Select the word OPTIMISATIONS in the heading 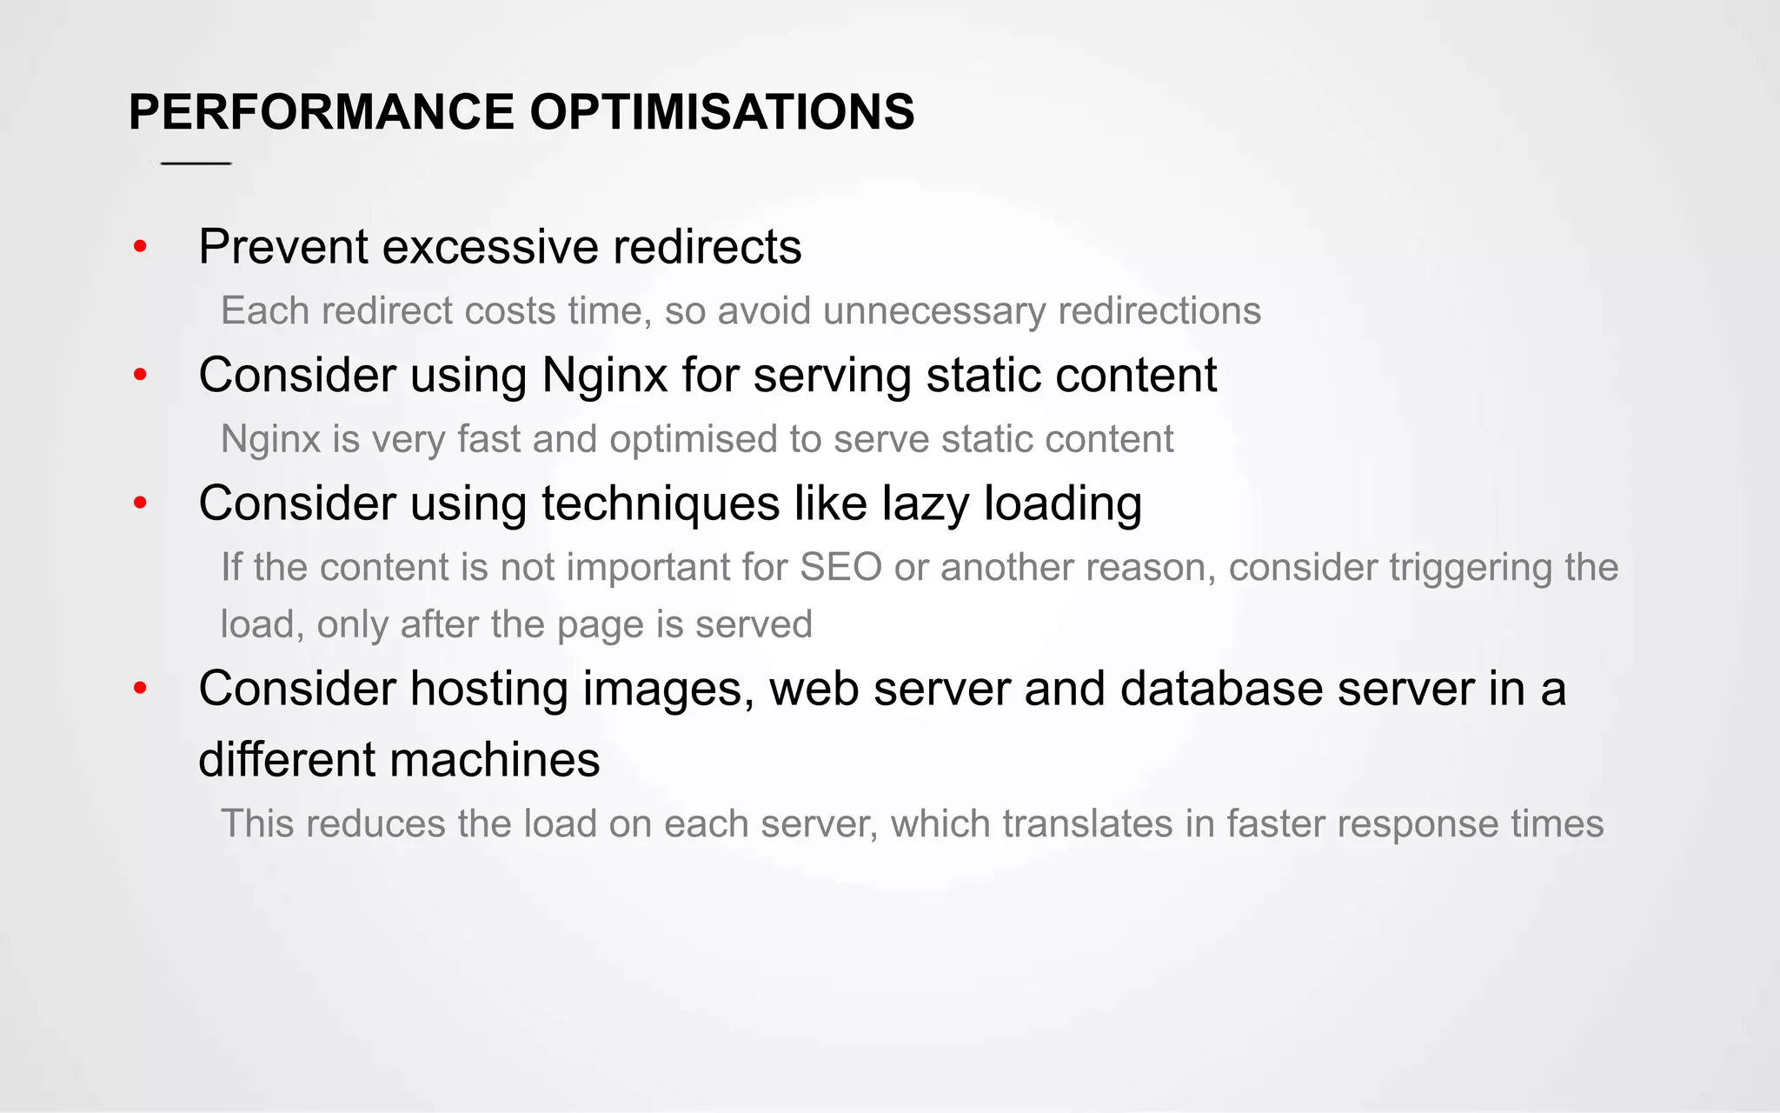click(721, 112)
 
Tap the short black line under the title click(196, 163)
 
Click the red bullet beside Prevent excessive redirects click(140, 248)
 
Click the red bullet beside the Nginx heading click(140, 376)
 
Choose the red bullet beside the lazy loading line click(140, 503)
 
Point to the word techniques click(661, 504)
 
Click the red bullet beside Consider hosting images click(140, 689)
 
